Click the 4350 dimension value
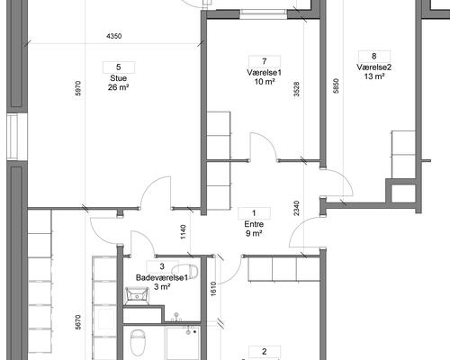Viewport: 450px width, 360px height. (x=114, y=36)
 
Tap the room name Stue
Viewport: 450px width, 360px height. (x=119, y=78)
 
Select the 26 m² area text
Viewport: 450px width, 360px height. (x=119, y=87)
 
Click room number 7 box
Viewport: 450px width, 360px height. (x=265, y=61)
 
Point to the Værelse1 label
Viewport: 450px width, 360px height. (x=265, y=73)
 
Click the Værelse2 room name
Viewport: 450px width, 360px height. (x=374, y=67)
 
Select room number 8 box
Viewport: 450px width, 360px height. (x=374, y=56)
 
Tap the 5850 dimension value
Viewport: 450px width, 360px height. (x=336, y=85)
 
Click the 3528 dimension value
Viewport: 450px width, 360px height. (x=297, y=89)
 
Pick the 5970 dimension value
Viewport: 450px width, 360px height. (x=78, y=88)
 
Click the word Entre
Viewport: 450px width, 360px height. (x=254, y=224)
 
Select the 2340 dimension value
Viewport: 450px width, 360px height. (x=297, y=208)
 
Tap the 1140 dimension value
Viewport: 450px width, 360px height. (x=184, y=232)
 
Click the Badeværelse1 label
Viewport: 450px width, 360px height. (x=162, y=277)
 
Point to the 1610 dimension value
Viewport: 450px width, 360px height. (x=213, y=289)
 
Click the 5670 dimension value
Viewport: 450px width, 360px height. (x=78, y=322)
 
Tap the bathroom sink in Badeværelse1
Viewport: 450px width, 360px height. (x=137, y=296)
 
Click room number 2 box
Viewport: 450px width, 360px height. (x=265, y=352)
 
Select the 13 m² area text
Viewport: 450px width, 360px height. (x=374, y=76)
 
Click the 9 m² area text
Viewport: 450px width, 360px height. (x=254, y=233)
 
